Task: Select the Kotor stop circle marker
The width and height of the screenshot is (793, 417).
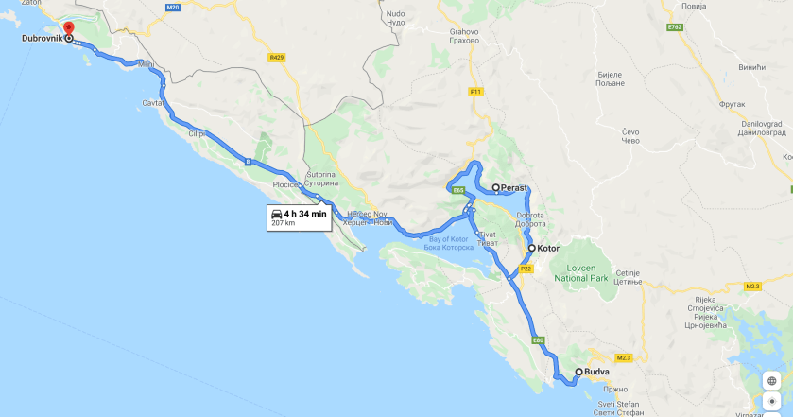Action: (x=532, y=249)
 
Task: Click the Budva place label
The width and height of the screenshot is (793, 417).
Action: (x=597, y=373)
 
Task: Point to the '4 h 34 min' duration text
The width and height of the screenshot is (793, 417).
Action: (x=305, y=214)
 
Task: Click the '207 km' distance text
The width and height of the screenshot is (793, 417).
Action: (x=284, y=224)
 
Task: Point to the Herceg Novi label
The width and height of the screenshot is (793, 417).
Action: (x=369, y=218)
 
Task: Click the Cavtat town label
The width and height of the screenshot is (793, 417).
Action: (x=154, y=101)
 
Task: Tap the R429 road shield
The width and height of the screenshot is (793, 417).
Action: (x=276, y=58)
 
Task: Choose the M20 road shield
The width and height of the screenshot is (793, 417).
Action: (x=172, y=8)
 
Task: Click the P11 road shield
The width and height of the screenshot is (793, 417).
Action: (x=475, y=92)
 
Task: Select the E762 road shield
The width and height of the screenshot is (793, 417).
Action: (x=674, y=27)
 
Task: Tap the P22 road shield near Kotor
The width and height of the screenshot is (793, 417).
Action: (x=527, y=269)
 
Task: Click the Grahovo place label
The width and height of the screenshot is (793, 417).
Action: (x=464, y=36)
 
